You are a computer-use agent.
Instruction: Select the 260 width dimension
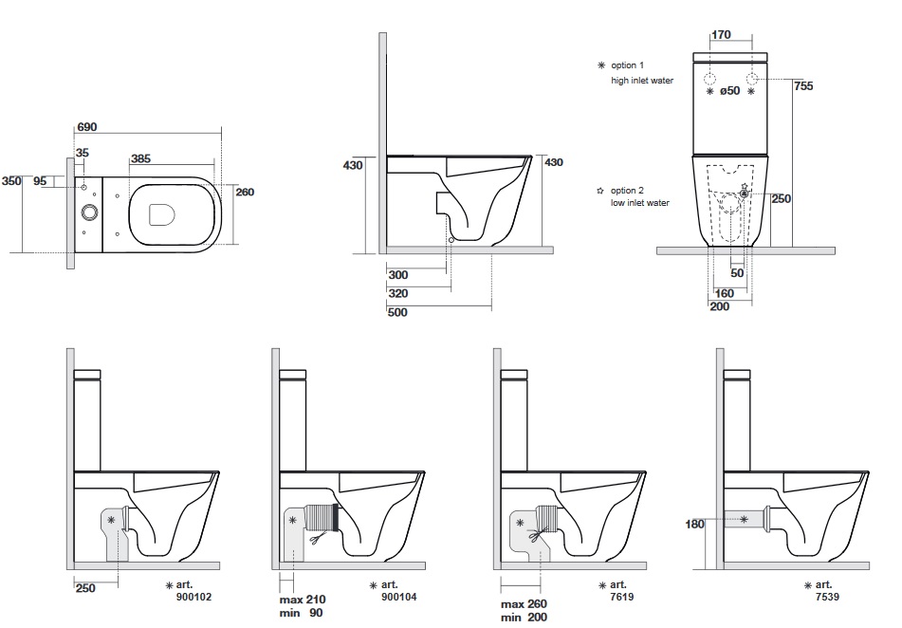point(245,193)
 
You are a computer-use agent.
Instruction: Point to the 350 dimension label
point(11,181)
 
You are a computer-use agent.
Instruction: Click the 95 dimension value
point(40,181)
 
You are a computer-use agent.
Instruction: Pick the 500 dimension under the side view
point(397,312)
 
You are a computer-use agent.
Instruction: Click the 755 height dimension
point(803,86)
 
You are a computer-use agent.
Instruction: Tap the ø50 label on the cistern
point(729,92)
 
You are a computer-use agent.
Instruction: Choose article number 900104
point(399,599)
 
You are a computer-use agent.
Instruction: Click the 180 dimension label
point(694,524)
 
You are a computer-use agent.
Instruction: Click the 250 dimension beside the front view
point(781,199)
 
